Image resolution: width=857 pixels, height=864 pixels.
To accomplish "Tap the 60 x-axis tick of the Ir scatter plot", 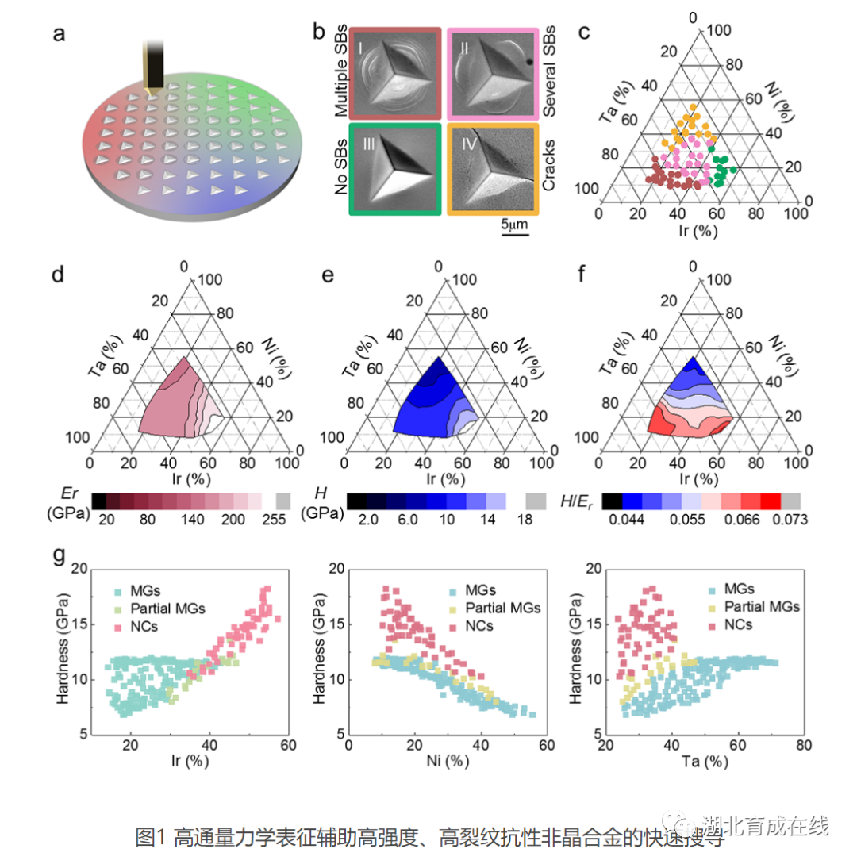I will coord(287,745).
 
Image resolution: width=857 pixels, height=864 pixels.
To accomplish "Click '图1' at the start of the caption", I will coord(152,836).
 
